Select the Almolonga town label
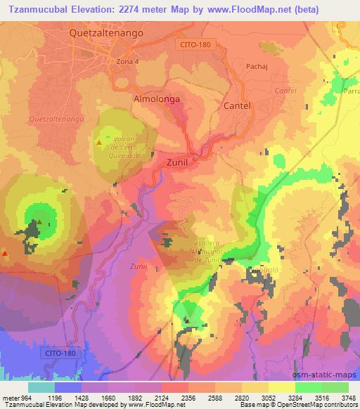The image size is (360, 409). point(157,99)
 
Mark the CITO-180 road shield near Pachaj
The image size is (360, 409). point(193,44)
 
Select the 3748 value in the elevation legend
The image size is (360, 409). point(348,398)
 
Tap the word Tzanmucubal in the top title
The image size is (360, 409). point(36,10)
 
